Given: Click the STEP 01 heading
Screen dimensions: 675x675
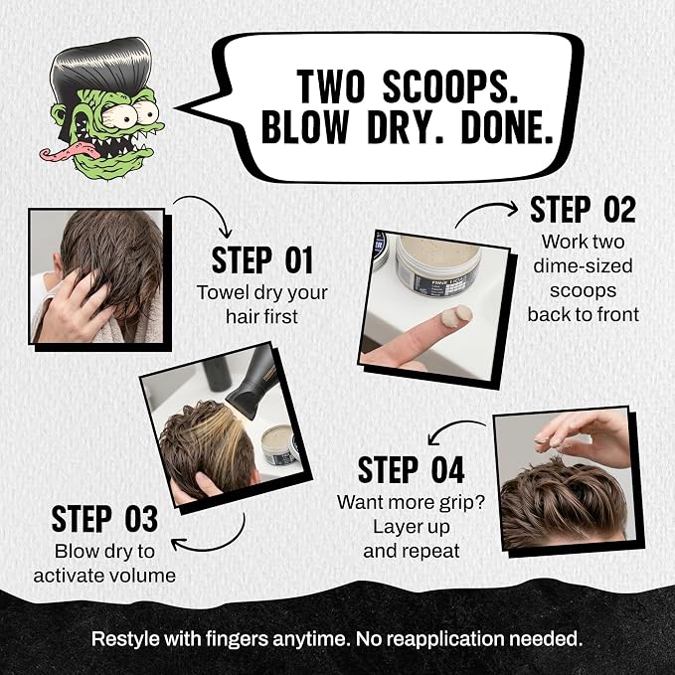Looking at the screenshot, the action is [262, 260].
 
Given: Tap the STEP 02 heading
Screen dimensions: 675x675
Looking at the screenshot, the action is [583, 210].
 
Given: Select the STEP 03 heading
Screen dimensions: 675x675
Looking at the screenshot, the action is [104, 519].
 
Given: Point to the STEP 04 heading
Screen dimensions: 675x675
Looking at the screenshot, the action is [412, 470].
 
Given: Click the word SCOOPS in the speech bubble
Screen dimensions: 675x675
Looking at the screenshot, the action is [449, 86].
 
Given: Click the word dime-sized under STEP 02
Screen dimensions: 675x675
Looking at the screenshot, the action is [583, 266].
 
